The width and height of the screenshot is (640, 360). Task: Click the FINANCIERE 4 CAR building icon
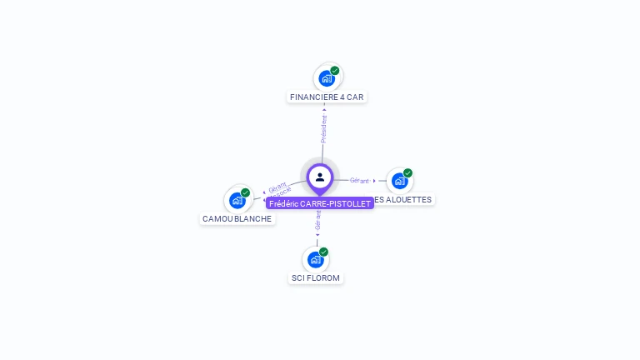(327, 78)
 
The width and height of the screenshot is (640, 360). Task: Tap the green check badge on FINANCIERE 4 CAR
(335, 71)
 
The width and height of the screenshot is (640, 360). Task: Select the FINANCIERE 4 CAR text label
(327, 97)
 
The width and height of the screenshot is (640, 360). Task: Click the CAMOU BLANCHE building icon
(237, 200)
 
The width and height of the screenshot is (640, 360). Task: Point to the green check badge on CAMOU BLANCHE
(246, 192)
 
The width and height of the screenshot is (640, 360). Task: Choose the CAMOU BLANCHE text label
(237, 219)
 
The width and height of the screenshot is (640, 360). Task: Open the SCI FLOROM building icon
(316, 259)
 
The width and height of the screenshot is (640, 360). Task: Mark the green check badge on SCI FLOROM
(324, 252)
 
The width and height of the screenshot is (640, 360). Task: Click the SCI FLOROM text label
(316, 277)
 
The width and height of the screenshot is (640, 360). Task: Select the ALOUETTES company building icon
(400, 181)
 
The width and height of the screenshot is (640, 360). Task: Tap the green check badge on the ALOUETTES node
(408, 173)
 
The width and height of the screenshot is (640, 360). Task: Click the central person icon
(320, 177)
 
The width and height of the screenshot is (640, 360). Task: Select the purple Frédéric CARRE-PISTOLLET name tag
(320, 203)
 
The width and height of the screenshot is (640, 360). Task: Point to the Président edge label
(324, 128)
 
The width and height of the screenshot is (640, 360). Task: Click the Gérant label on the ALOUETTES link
(359, 180)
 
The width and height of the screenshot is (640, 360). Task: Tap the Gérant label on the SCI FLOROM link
(317, 221)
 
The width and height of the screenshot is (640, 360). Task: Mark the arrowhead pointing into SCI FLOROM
(317, 234)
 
